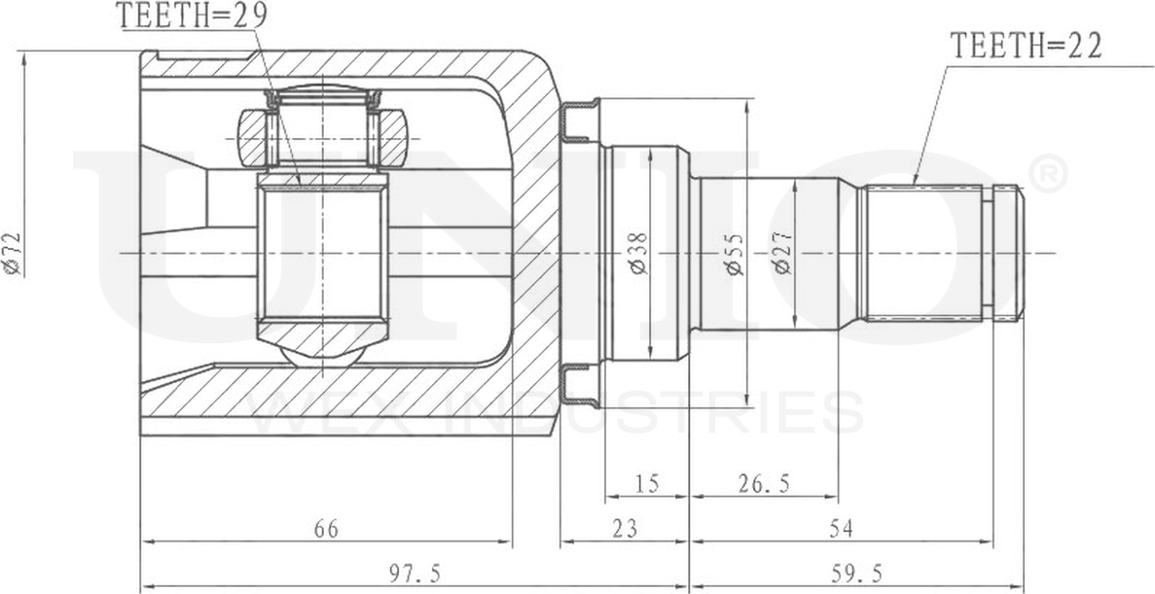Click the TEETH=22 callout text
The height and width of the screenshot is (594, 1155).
(x=1026, y=47)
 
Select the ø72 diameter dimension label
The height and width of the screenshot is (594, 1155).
(x=13, y=255)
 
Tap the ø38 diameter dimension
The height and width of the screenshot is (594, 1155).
(x=638, y=253)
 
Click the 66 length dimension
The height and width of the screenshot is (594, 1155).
(x=325, y=530)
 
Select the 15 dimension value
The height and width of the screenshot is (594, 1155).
(x=646, y=483)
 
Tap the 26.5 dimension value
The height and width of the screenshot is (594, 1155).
(x=763, y=483)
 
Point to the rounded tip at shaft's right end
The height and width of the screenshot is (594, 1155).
(x=1016, y=253)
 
